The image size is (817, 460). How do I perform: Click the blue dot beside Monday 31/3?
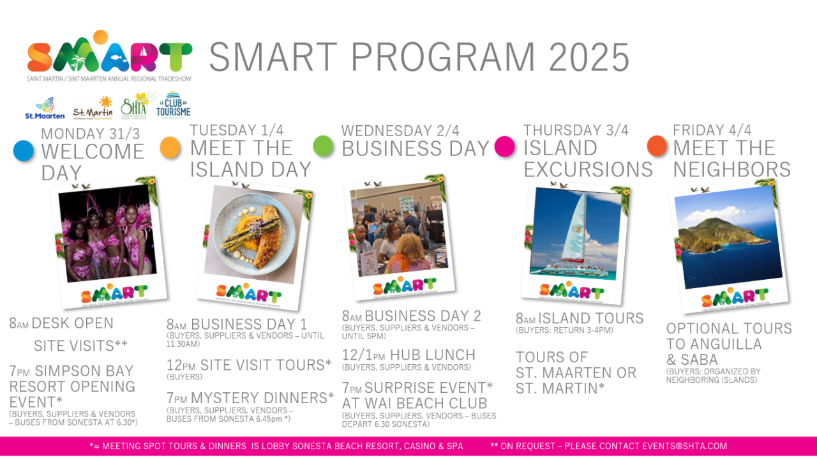click(x=24, y=151)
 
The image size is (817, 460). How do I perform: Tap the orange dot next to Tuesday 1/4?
click(x=170, y=147)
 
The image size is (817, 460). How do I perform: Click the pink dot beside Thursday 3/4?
click(x=504, y=146)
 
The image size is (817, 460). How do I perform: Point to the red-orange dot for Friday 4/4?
click(x=657, y=146)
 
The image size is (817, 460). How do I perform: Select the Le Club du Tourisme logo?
click(x=174, y=105)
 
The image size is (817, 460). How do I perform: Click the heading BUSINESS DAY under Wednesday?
click(x=416, y=148)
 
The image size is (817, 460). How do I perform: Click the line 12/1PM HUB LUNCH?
click(x=408, y=355)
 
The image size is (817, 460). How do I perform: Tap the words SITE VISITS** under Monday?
click(x=80, y=346)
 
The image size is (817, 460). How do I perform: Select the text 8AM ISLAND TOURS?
click(x=580, y=318)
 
